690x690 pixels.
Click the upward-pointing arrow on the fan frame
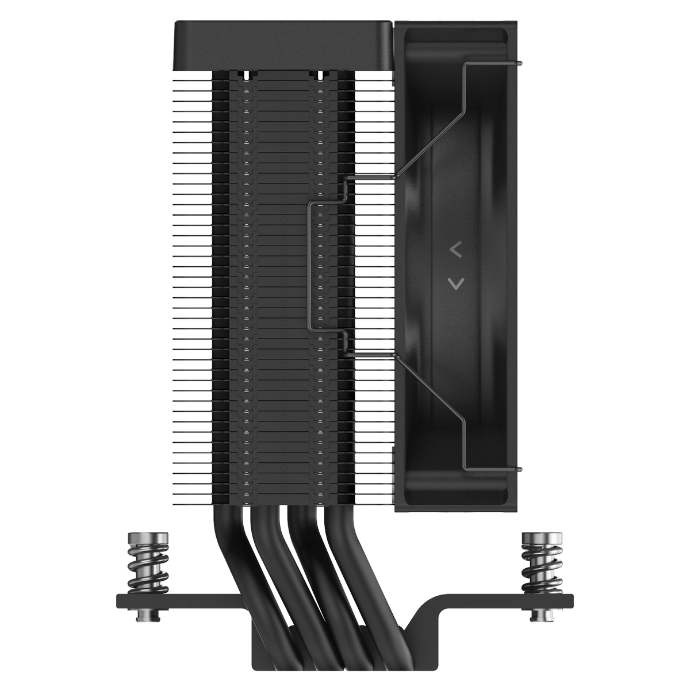point(455,250)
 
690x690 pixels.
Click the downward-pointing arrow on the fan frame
point(455,282)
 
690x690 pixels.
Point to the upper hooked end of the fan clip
point(519,63)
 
